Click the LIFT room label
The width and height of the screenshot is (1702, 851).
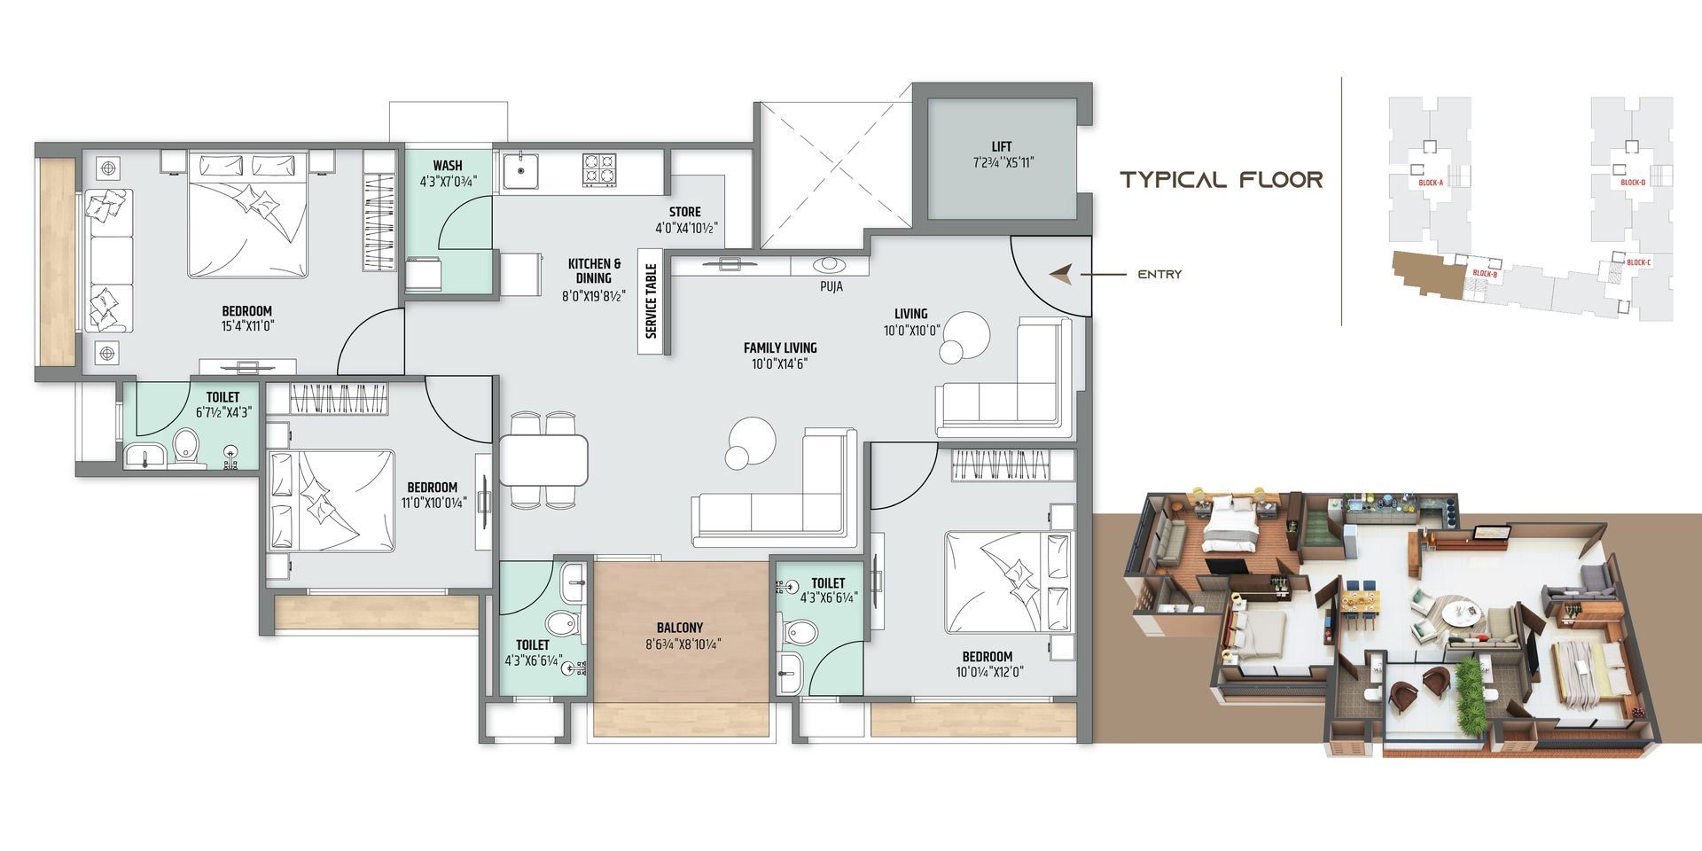click(x=1002, y=146)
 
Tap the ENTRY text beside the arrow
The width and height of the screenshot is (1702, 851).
click(x=1159, y=275)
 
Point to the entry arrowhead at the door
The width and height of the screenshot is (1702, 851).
click(x=1060, y=275)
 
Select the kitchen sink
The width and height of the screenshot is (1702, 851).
click(x=520, y=171)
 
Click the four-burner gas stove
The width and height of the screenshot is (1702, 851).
click(x=598, y=170)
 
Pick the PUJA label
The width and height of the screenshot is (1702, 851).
click(x=831, y=287)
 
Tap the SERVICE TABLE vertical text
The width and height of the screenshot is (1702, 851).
click(x=652, y=301)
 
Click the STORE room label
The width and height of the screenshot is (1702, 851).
click(x=684, y=212)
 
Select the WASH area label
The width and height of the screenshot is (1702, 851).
click(x=448, y=165)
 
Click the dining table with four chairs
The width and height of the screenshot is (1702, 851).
click(x=543, y=459)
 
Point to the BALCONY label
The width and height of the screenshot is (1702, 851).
click(x=680, y=628)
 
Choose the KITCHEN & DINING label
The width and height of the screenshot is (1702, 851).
click(x=594, y=270)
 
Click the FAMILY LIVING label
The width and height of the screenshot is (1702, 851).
click(x=780, y=347)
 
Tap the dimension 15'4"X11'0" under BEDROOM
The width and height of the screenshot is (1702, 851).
click(x=247, y=326)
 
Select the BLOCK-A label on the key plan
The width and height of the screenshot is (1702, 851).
click(x=1431, y=183)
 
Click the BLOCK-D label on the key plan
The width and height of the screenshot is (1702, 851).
click(x=1633, y=183)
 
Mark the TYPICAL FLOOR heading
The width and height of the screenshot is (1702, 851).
click(x=1222, y=180)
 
